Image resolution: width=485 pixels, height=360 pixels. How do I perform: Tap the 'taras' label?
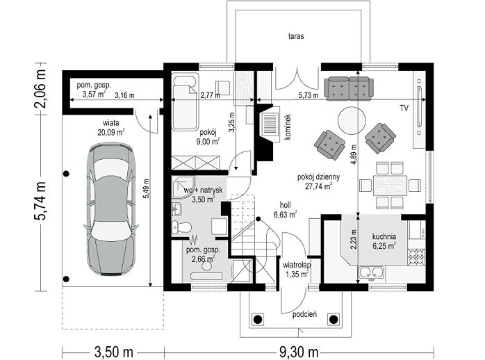click(x=296, y=36)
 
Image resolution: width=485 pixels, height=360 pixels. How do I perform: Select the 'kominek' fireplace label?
click(x=288, y=126)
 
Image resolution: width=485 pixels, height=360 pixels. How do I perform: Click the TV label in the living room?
click(x=404, y=108)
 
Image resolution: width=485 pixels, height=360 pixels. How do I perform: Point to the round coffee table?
click(x=352, y=121)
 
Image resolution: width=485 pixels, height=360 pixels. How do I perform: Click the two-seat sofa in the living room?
click(x=349, y=88)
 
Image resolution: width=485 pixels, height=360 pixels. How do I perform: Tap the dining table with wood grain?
click(x=390, y=186)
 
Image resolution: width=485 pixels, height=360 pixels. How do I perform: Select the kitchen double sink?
click(x=371, y=272)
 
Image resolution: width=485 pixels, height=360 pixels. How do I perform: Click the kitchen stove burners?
click(x=416, y=257)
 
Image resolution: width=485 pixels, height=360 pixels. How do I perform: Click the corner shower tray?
click(x=183, y=186)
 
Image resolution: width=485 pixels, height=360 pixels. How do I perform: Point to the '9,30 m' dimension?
click(x=299, y=352)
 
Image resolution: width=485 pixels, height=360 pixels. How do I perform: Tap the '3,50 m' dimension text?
click(x=113, y=352)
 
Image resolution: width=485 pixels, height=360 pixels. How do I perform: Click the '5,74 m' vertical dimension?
click(x=40, y=200)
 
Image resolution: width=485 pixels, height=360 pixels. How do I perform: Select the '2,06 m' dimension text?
click(x=40, y=89)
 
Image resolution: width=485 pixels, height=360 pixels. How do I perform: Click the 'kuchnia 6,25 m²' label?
click(x=384, y=241)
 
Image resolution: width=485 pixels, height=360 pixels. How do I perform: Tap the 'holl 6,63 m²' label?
click(x=285, y=210)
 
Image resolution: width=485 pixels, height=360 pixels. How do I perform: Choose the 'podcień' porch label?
click(x=304, y=315)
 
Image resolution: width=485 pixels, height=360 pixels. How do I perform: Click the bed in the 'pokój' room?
click(x=186, y=102)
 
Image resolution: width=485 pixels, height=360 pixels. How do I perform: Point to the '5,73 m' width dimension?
click(x=309, y=96)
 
